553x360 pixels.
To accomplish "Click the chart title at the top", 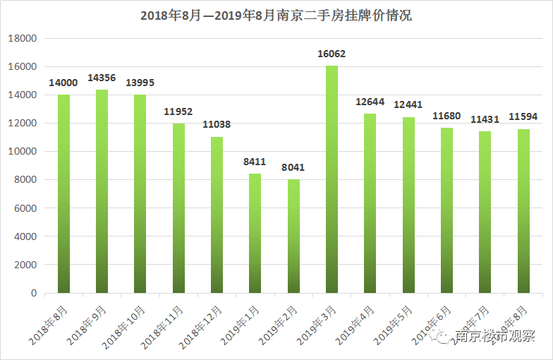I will [276, 16].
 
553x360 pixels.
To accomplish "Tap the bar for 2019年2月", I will [293, 236].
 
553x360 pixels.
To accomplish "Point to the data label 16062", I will [332, 54].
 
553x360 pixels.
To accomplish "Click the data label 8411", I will [255, 162].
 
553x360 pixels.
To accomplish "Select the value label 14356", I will [102, 78].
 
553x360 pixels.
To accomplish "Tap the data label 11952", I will [178, 112].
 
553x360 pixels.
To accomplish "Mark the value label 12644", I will [370, 102].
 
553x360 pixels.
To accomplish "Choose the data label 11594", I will [523, 116].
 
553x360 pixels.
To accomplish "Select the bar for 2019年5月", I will [408, 205].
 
